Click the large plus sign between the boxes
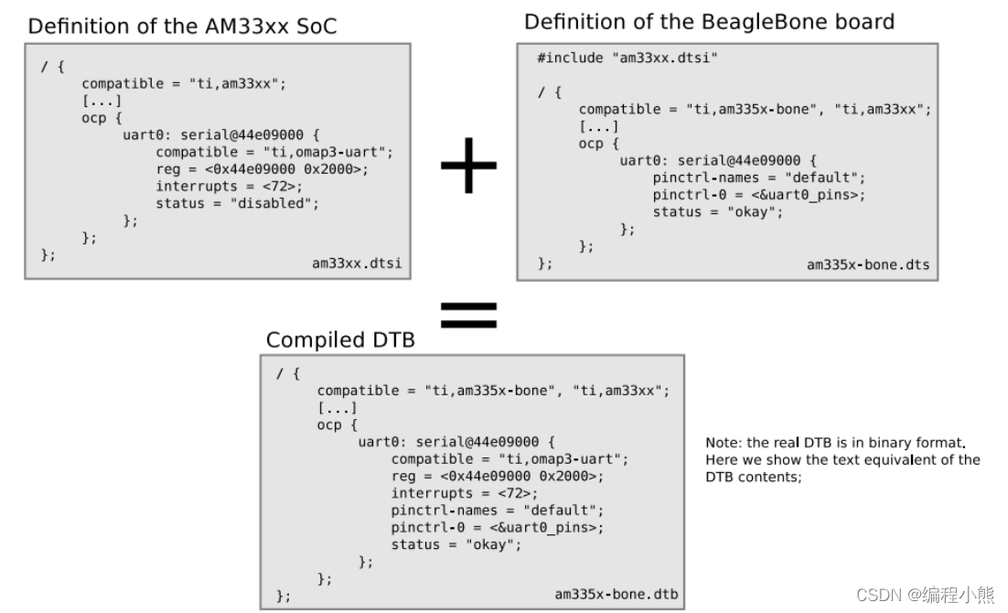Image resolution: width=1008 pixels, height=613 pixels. click(468, 165)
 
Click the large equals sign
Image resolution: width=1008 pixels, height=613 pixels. click(468, 315)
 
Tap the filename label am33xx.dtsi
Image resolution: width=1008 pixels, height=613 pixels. click(357, 263)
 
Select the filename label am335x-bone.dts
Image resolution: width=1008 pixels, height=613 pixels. click(867, 264)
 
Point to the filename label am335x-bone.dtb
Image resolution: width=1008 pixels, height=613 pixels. click(617, 595)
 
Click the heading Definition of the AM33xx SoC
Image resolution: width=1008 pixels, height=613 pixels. click(182, 26)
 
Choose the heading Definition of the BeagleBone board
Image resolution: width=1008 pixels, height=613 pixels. click(709, 21)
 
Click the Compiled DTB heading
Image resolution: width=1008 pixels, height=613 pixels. click(340, 340)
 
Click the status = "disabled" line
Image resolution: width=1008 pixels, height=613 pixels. click(238, 203)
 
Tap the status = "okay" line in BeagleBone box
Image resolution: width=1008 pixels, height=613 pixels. click(718, 212)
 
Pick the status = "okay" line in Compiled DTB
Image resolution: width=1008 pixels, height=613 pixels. click(456, 544)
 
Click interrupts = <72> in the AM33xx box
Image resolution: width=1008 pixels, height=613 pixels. click(229, 187)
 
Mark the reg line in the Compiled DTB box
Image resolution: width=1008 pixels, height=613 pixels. click(498, 476)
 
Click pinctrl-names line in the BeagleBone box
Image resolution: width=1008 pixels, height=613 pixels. click(758, 177)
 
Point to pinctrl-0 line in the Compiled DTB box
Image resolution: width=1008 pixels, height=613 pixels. click(498, 527)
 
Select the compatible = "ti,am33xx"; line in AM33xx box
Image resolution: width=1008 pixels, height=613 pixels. click(184, 83)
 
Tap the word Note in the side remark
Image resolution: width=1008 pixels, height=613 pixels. click(723, 443)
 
